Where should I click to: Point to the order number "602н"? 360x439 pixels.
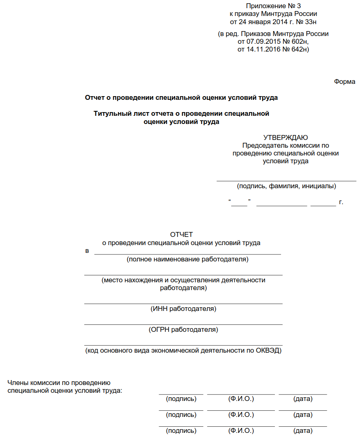coord(299,42)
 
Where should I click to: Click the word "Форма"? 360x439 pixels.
coord(344,81)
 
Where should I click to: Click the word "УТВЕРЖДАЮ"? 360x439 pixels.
coord(286,137)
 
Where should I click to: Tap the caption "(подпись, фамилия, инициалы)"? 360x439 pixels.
coord(286,186)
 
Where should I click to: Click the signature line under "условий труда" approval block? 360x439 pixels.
coord(286,180)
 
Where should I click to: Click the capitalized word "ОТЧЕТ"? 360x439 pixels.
coord(181,234)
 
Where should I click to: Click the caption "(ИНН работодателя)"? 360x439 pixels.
coord(183,309)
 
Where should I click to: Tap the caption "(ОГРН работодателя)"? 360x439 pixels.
coord(183,329)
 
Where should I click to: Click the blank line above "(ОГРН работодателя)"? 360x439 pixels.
coord(183,324)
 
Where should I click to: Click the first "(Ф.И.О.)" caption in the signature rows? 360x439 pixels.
coord(241,398)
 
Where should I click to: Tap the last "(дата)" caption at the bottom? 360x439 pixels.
coord(303,431)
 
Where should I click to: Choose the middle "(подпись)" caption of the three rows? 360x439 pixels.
coord(181,414)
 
